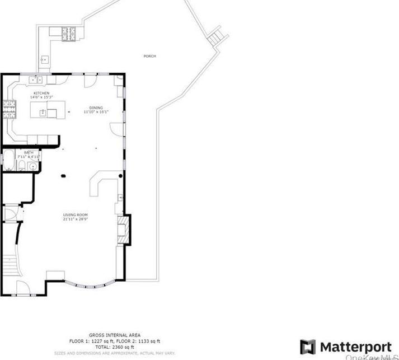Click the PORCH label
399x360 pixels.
pos(149,56)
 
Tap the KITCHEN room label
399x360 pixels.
pos(41,93)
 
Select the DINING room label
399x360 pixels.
pos(96,107)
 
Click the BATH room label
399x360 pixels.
pos(28,152)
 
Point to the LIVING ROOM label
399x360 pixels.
pos(75,215)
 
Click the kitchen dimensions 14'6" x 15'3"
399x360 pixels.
pos(41,97)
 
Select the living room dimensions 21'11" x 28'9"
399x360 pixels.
pos(75,219)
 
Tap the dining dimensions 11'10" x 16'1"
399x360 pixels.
pos(96,112)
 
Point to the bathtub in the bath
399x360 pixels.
pos(8,161)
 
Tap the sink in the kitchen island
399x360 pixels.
pos(43,113)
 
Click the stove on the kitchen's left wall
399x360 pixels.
pos(9,109)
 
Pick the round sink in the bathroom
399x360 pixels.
pos(32,166)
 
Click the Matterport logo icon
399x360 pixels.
pos(307,347)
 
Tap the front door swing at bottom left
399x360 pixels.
pos(24,288)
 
